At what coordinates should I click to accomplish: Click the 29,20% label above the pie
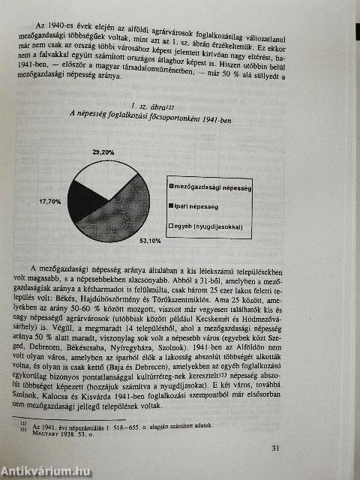click(x=103, y=151)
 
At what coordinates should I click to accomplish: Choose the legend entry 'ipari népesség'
click(x=198, y=205)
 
